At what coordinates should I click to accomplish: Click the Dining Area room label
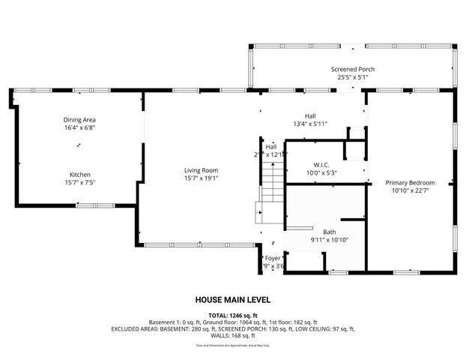point(79,119)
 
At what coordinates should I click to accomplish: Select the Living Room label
point(202,170)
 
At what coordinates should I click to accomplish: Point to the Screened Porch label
point(353,69)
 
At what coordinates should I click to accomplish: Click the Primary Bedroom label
point(410,182)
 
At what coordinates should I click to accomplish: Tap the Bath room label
point(330,232)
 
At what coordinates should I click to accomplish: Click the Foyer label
point(273,258)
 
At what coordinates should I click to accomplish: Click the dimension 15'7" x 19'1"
point(202,178)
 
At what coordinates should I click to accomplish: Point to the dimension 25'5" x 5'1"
point(353,76)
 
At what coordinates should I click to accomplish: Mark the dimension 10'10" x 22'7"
point(410,190)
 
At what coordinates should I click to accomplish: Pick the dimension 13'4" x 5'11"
point(309,124)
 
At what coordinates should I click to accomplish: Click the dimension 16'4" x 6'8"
point(79,127)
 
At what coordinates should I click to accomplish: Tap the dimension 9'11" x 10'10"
point(330,240)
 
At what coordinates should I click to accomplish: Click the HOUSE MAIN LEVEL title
point(233,298)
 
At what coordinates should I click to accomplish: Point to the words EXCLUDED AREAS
point(136,328)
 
